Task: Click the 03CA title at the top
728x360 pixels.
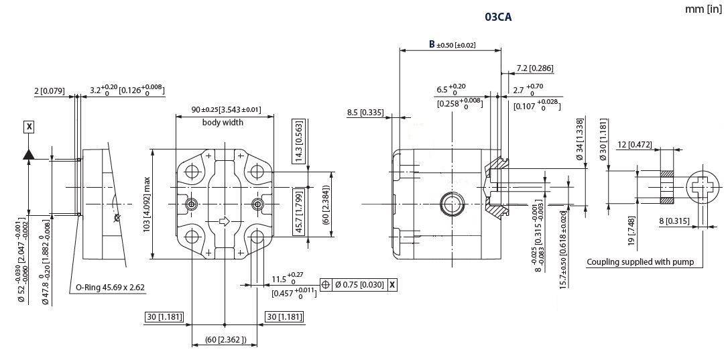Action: pyautogui.click(x=498, y=17)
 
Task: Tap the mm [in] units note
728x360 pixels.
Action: pyautogui.click(x=703, y=9)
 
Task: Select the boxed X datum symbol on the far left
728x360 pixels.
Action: pyautogui.click(x=28, y=126)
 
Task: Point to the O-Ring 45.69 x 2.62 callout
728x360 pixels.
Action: pyautogui.click(x=110, y=287)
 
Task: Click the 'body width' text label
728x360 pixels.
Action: pyautogui.click(x=223, y=123)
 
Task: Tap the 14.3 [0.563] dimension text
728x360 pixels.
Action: pyautogui.click(x=298, y=141)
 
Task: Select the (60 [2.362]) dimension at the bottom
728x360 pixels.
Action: pyautogui.click(x=225, y=339)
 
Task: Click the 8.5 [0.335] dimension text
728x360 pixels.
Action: pyautogui.click(x=365, y=113)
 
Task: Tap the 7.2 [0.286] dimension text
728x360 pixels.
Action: pyautogui.click(x=534, y=68)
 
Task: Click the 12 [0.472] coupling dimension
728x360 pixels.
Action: pyautogui.click(x=635, y=145)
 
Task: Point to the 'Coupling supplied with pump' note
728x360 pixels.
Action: pyautogui.click(x=640, y=261)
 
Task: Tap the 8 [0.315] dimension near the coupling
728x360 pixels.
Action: pyautogui.click(x=680, y=221)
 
